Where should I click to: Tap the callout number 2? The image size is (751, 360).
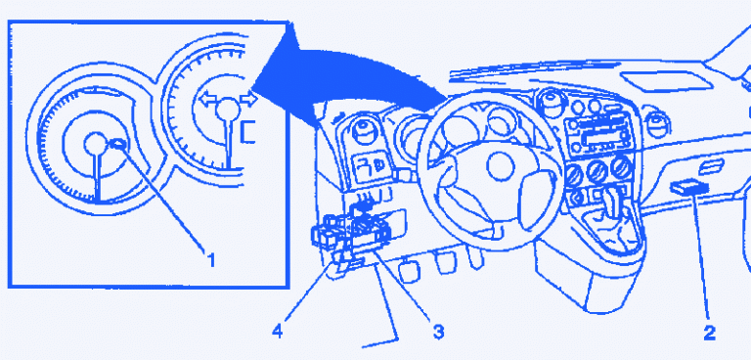(708, 333)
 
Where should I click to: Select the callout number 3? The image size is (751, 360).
(438, 331)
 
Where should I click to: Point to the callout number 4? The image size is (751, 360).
(278, 332)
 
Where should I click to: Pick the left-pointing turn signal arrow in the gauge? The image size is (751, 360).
(208, 100)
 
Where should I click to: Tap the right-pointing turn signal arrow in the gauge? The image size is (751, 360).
(248, 99)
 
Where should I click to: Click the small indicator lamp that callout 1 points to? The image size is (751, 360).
(118, 143)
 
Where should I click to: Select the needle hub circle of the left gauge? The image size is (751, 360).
(95, 144)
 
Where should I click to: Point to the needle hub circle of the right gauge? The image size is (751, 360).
(228, 110)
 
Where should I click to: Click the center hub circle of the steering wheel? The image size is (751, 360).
(501, 166)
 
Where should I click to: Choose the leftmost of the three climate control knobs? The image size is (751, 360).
(574, 175)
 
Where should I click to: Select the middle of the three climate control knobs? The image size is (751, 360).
(597, 171)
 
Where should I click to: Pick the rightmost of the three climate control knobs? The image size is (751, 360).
(621, 167)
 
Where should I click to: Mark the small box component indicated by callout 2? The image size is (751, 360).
(689, 187)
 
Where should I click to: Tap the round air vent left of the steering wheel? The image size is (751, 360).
(363, 129)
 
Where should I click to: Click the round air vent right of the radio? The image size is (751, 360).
(658, 124)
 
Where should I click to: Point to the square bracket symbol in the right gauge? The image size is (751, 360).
(246, 132)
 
